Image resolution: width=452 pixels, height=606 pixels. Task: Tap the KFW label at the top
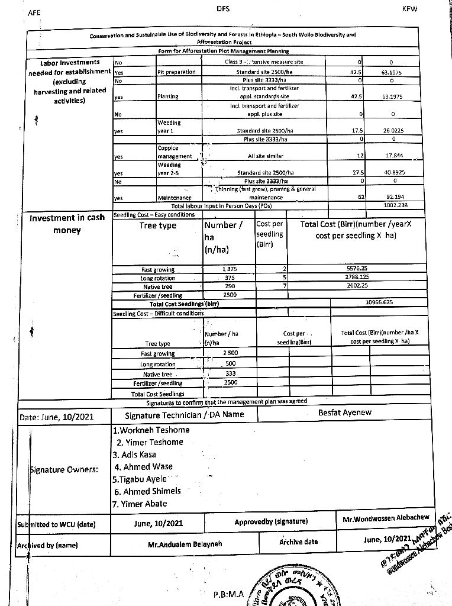(x=409, y=9)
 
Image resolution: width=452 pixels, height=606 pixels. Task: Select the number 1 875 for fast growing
(x=230, y=269)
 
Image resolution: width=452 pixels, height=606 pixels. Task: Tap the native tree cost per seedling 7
(x=285, y=286)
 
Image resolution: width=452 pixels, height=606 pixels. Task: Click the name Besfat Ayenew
(x=345, y=412)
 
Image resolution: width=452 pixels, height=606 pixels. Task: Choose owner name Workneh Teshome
(x=151, y=430)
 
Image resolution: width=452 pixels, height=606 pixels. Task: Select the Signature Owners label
(x=64, y=469)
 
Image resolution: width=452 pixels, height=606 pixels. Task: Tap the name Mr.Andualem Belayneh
(x=185, y=544)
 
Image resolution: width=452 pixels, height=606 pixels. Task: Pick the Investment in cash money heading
(x=67, y=224)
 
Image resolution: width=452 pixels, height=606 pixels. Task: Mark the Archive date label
(x=298, y=541)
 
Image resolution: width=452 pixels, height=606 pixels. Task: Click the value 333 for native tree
(x=230, y=373)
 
